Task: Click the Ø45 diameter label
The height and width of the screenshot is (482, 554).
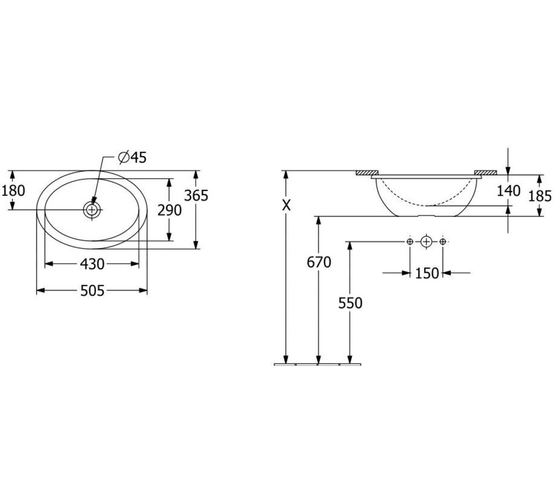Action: pos(132,157)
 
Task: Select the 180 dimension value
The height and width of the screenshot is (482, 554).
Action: pos(13,191)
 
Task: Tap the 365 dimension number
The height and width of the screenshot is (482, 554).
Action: pos(197,195)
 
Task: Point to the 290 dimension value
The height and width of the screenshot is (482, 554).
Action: pos(169,210)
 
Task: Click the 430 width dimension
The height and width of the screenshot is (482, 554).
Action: pos(92,264)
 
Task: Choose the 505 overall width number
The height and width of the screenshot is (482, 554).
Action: pos(93,291)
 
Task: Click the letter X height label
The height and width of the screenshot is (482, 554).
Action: pos(286,205)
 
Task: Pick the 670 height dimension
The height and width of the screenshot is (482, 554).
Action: pos(319,262)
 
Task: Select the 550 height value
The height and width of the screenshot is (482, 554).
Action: pos(350,303)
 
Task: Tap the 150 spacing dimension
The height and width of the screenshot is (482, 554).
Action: pos(427,273)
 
